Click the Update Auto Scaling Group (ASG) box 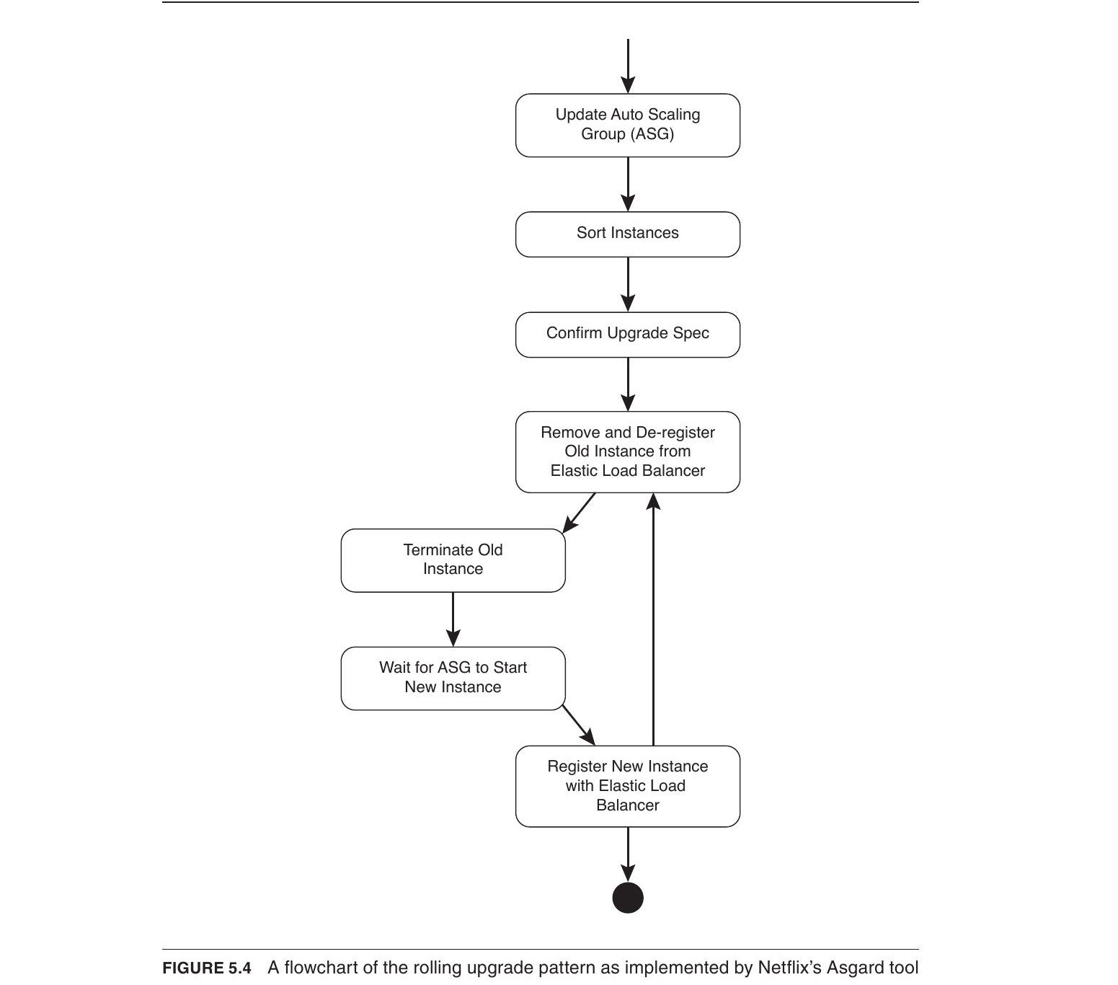click(x=628, y=125)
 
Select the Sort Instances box click(x=628, y=234)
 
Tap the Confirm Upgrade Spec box click(x=628, y=335)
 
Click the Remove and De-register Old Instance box click(x=628, y=452)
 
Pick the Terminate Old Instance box click(x=453, y=560)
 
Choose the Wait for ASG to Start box click(x=453, y=679)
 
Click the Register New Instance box click(x=628, y=786)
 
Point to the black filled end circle click(x=628, y=898)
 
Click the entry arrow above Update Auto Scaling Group click(x=628, y=66)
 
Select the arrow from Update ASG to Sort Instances click(x=628, y=185)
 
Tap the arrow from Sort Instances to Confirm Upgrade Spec click(x=628, y=284)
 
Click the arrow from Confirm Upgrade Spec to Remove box click(x=628, y=384)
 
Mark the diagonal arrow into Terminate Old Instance click(x=579, y=513)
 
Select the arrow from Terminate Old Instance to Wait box click(x=453, y=619)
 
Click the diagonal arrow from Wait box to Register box click(x=579, y=725)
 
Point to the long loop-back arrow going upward click(x=653, y=619)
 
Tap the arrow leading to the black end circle click(x=628, y=854)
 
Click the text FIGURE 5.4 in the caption click(x=207, y=968)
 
